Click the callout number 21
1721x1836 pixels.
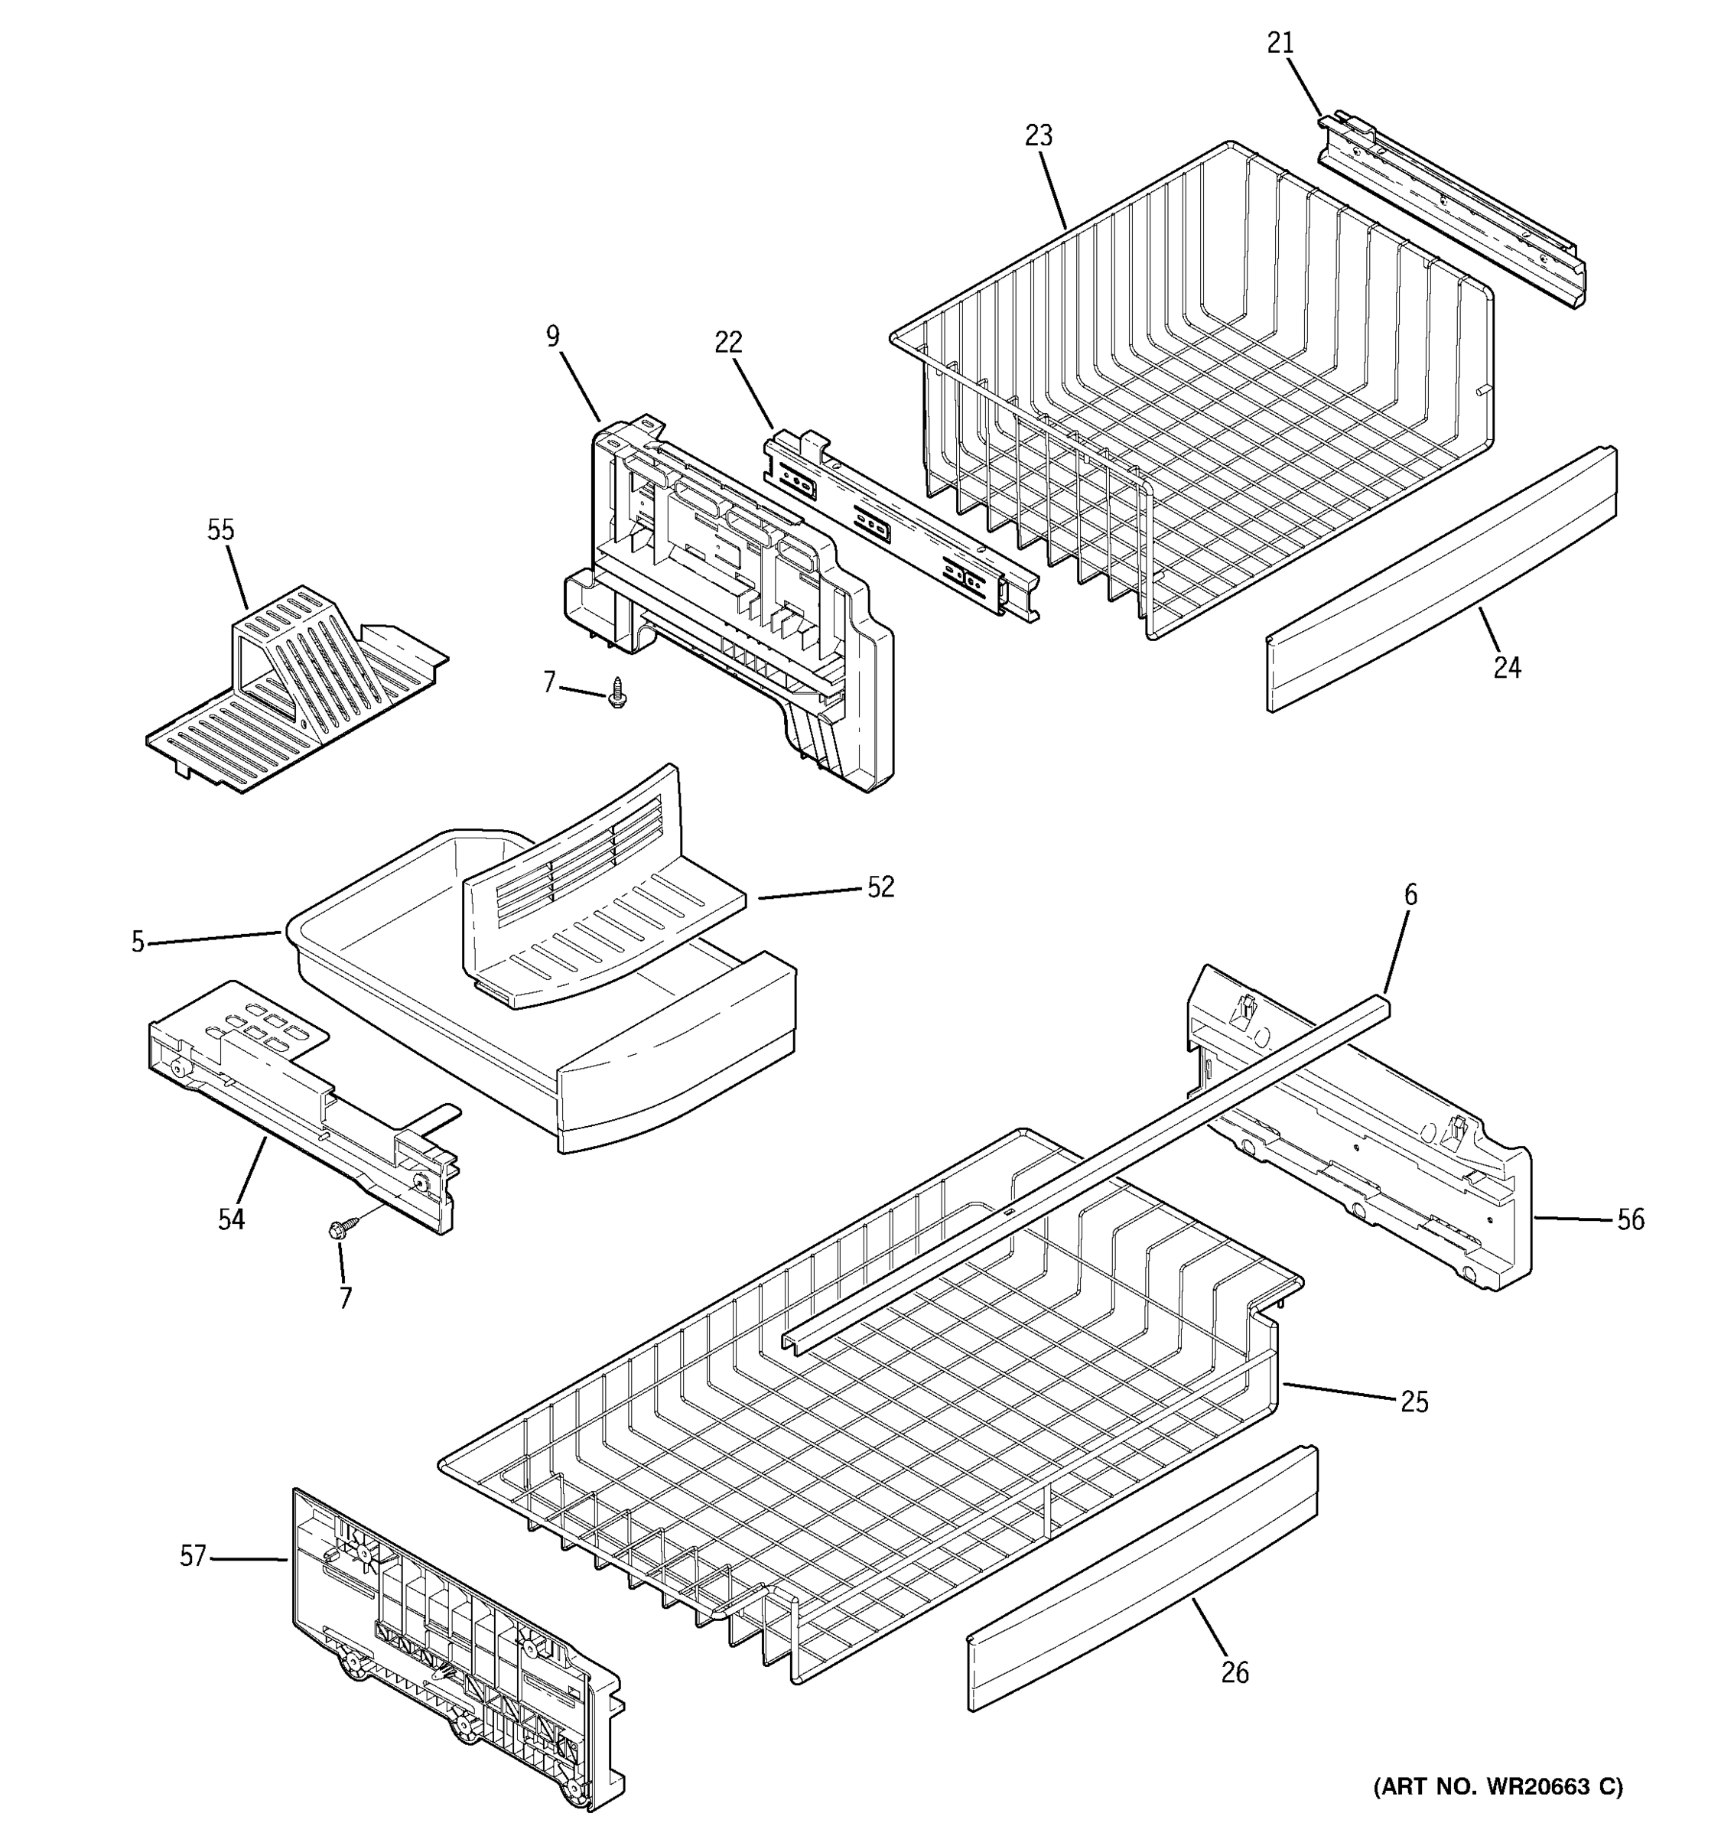click(x=1280, y=43)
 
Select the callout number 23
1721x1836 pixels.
click(x=1039, y=135)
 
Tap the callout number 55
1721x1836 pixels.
click(x=220, y=530)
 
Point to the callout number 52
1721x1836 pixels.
click(x=881, y=887)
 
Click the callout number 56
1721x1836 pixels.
click(x=1631, y=1220)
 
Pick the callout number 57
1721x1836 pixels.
click(x=192, y=1556)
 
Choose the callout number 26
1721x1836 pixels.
click(x=1235, y=1672)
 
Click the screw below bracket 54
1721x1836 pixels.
click(x=338, y=1229)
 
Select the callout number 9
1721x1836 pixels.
click(x=552, y=336)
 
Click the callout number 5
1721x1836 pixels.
click(x=138, y=942)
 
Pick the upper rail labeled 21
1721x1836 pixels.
click(x=1449, y=213)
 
